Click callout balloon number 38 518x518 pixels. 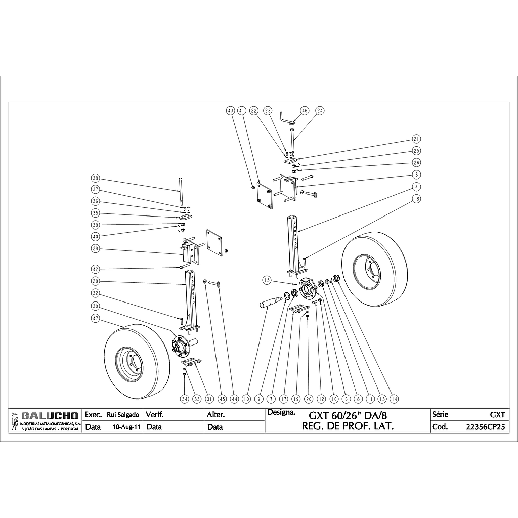[x=95, y=178]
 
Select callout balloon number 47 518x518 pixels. [x=95, y=318]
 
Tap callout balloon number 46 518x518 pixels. [x=305, y=110]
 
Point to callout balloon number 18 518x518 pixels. [x=417, y=199]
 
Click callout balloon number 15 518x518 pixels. [x=267, y=280]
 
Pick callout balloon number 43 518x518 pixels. [x=231, y=110]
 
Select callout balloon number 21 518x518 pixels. [x=417, y=139]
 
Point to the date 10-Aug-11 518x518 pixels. [x=126, y=427]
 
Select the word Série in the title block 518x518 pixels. [x=440, y=414]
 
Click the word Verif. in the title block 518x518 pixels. [x=155, y=415]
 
